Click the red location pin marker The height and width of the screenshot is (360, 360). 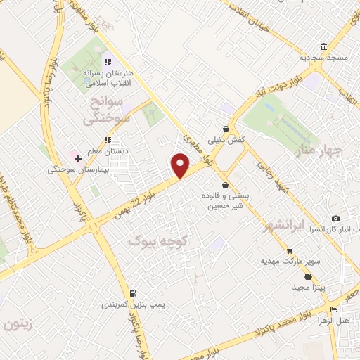click(181, 165)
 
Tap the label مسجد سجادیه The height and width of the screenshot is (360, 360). click(322, 58)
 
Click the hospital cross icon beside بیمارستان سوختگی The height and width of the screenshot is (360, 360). click(78, 158)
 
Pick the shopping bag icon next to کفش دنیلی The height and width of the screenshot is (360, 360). click(225, 129)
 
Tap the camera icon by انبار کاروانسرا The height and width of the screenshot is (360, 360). click(335, 219)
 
